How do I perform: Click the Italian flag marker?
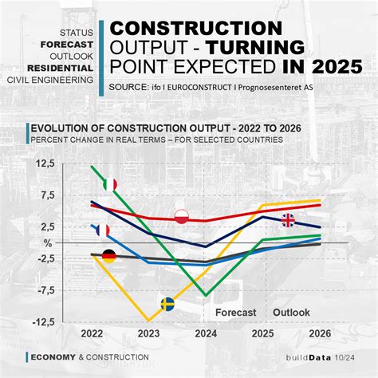coord(110,185)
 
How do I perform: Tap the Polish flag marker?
coord(182,217)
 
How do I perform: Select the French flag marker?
coord(101,230)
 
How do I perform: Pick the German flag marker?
coord(108,256)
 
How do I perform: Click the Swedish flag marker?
coord(167,304)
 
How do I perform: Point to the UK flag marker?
coord(287,220)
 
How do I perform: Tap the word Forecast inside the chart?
coord(236,313)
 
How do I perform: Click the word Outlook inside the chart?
coord(291,313)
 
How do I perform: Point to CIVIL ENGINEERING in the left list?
coord(50,81)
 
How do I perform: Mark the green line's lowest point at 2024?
coord(207,295)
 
